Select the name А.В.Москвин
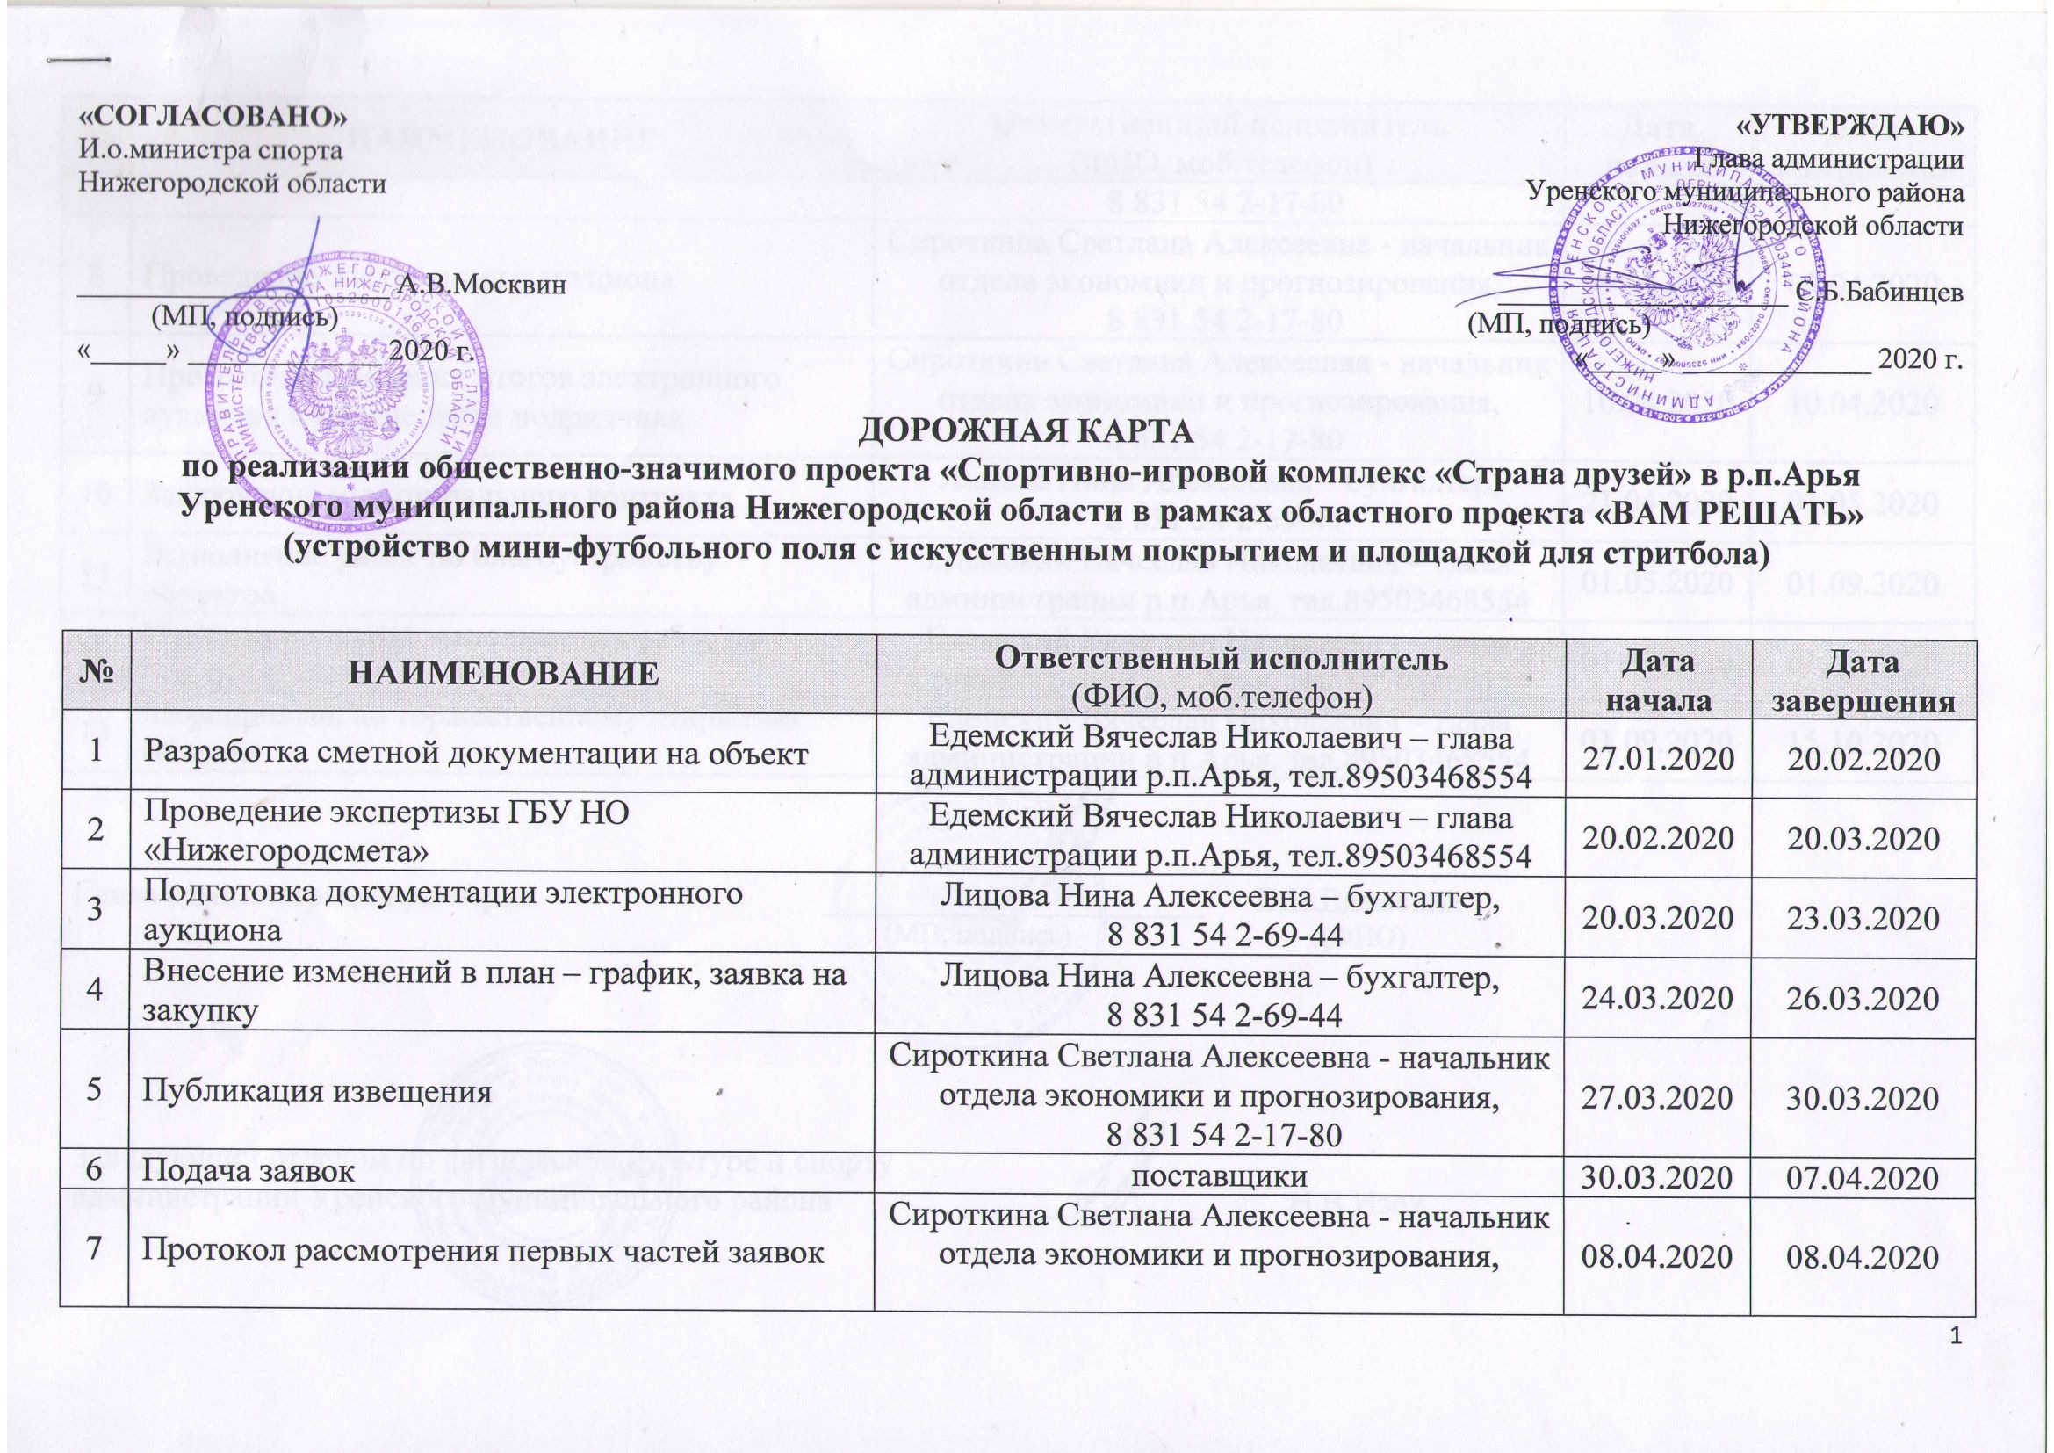[482, 286]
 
